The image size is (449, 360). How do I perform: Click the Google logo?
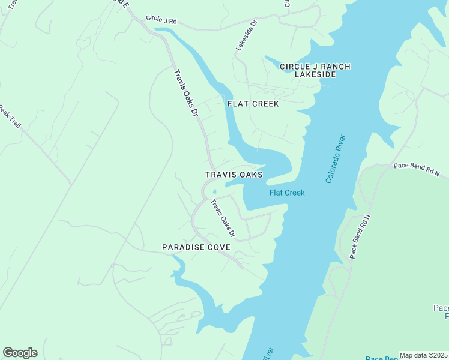(20, 353)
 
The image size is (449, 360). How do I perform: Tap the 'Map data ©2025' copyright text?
(423, 355)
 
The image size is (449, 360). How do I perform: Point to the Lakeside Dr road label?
(246, 35)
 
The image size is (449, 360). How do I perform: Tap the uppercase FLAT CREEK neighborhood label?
(253, 104)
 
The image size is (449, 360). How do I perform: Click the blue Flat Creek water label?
(287, 193)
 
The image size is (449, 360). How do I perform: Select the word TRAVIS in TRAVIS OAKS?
(220, 175)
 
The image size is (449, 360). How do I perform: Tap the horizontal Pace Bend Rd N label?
(417, 167)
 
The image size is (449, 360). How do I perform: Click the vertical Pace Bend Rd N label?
(361, 237)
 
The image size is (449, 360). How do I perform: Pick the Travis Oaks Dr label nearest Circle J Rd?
(185, 94)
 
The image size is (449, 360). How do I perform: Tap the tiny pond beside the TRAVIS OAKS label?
(214, 193)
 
